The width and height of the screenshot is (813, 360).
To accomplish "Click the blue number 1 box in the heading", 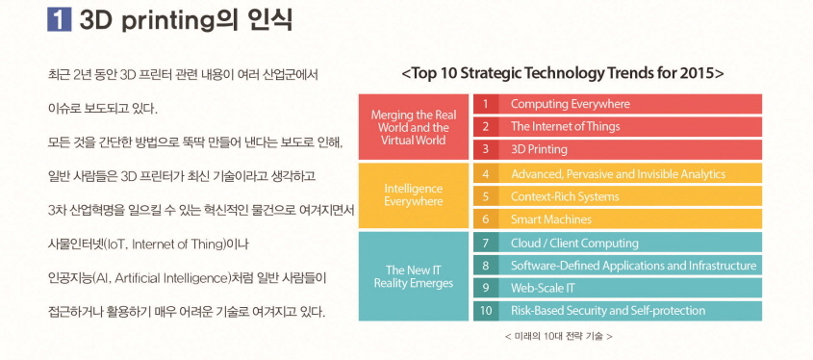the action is [x=59, y=19].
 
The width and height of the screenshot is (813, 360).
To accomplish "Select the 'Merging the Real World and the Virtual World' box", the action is [x=414, y=126].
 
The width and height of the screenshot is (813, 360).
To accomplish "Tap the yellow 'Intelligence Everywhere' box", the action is [x=414, y=195].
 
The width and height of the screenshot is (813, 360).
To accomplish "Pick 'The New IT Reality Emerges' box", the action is [x=414, y=276].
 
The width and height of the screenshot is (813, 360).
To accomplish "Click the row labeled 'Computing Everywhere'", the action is [x=618, y=104].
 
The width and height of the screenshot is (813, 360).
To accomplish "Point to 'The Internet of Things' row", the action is [x=618, y=126].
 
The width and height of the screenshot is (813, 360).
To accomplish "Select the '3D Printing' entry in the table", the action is [x=618, y=149].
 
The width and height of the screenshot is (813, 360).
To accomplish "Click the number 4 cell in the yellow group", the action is [x=486, y=174].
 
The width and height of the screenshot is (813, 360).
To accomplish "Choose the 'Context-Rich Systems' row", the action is [x=618, y=196].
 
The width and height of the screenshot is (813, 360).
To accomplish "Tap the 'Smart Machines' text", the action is [x=551, y=219].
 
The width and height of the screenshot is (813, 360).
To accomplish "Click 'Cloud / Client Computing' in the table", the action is [x=574, y=243].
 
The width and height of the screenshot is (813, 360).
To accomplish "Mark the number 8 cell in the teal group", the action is [x=486, y=265].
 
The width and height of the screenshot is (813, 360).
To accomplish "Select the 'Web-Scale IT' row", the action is [x=618, y=288].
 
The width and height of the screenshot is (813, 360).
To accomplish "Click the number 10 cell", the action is [x=486, y=311].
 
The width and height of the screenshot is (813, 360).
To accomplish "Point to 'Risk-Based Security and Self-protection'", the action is [x=608, y=311].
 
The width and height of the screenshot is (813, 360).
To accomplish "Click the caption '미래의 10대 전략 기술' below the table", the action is [x=558, y=336].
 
